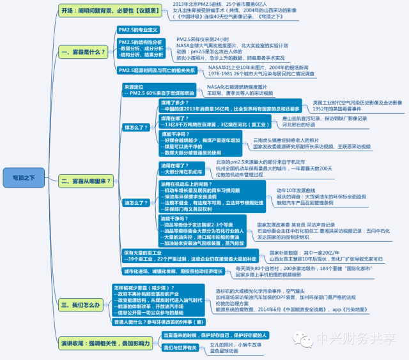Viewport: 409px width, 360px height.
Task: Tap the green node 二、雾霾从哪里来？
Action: click(x=87, y=181)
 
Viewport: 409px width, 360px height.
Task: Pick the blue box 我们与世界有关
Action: click(x=178, y=347)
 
